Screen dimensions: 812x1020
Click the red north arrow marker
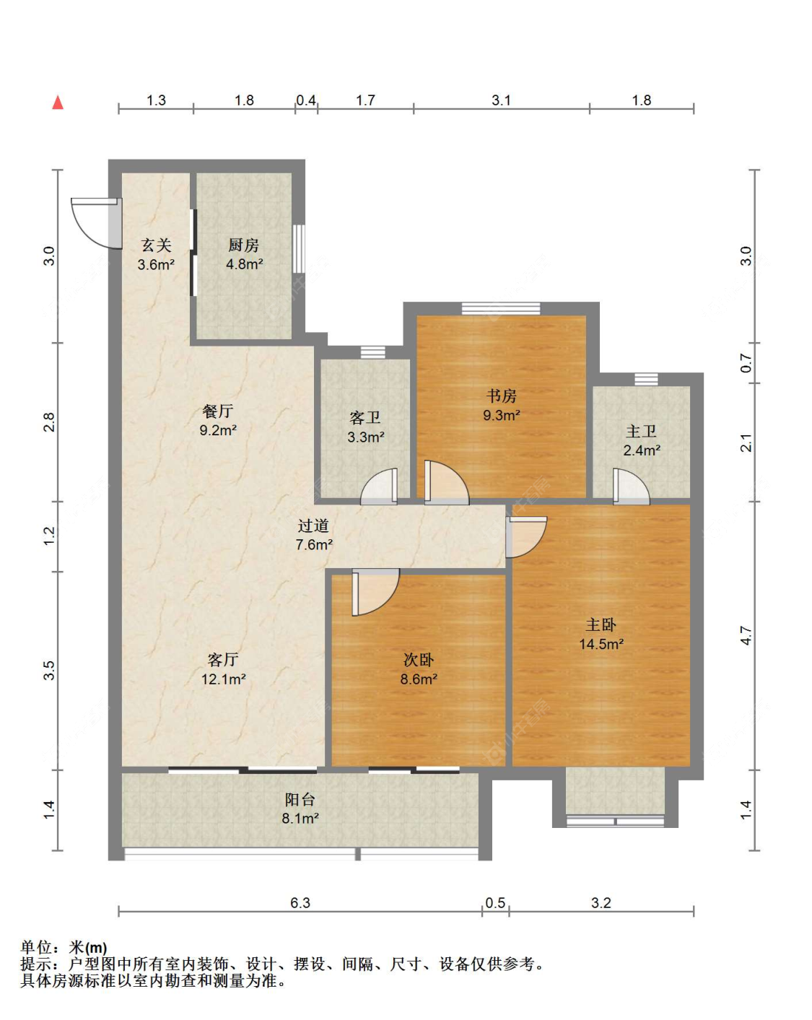[x=57, y=103]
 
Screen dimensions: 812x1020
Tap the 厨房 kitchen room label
[x=244, y=245]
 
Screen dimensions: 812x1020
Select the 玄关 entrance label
[x=156, y=245]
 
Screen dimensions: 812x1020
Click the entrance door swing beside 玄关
[x=95, y=223]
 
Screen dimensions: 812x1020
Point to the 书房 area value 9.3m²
[x=502, y=415]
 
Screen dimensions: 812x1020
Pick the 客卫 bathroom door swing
[x=378, y=487]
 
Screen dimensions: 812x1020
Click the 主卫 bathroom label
[x=642, y=431]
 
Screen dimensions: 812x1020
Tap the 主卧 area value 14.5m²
[x=601, y=644]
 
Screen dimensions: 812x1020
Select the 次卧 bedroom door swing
[x=375, y=593]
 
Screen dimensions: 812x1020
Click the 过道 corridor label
[x=313, y=526]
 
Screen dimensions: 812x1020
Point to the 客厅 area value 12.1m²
[x=223, y=679]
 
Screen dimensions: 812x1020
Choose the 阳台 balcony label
[x=300, y=800]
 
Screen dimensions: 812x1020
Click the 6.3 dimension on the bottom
[x=300, y=903]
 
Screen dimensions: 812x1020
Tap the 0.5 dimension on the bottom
[x=495, y=903]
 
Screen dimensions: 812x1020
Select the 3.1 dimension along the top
[x=501, y=100]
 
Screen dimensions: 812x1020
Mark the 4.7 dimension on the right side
[x=746, y=635]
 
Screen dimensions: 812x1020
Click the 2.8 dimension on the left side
[x=49, y=422]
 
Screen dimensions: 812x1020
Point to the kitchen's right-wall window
[x=298, y=248]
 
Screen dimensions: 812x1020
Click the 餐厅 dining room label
[x=217, y=411]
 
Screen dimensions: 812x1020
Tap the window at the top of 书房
[x=501, y=308]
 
